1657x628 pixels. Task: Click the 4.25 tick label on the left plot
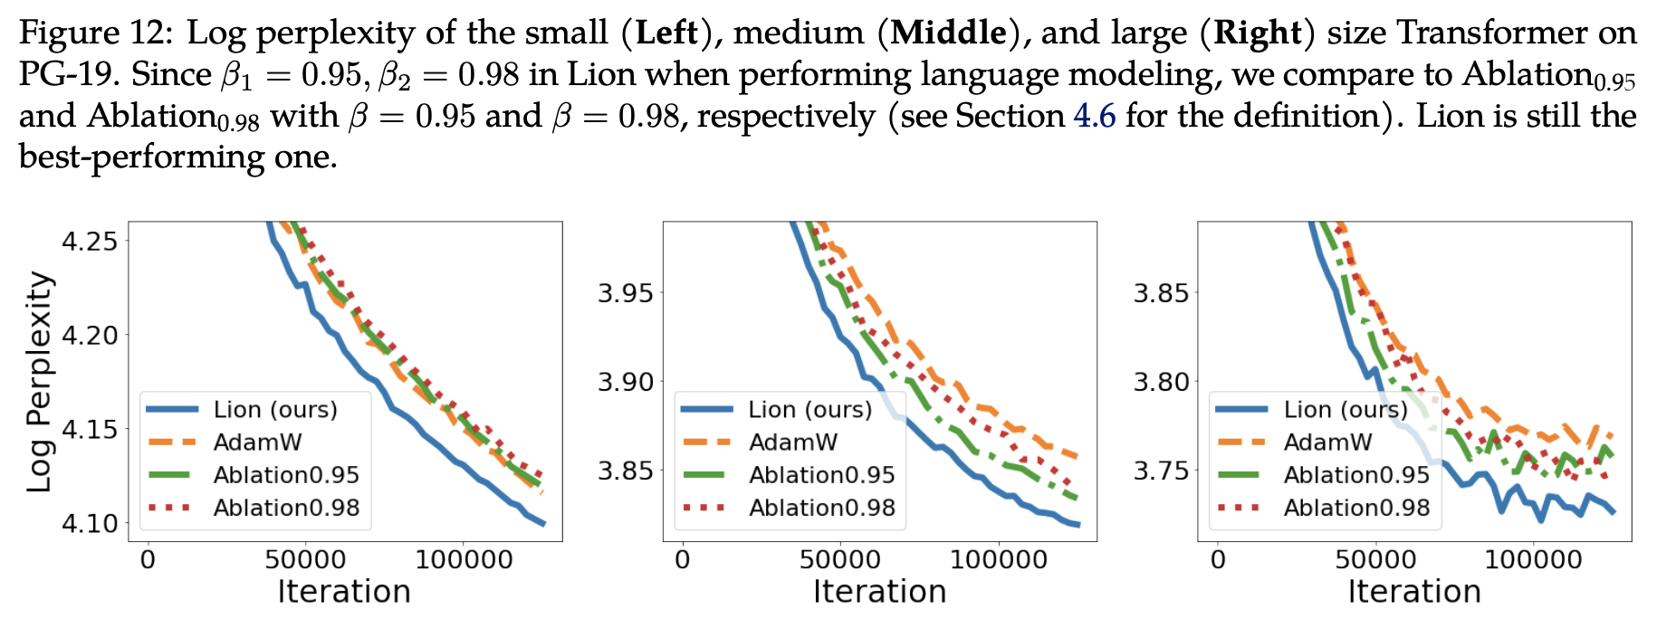point(90,242)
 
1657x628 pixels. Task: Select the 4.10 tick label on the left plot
point(90,524)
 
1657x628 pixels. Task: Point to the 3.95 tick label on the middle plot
point(625,293)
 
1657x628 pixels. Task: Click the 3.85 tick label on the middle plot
point(625,471)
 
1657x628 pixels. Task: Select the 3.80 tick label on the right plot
point(1160,382)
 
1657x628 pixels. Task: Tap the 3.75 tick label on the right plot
point(1160,471)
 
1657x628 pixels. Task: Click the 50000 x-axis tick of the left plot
point(305,560)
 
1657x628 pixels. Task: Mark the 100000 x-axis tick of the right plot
point(1533,560)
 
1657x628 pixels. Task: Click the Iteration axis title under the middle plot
point(879,592)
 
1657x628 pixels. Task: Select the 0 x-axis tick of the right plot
point(1218,560)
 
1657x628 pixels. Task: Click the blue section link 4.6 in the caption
point(1094,116)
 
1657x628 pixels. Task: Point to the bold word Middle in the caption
point(948,33)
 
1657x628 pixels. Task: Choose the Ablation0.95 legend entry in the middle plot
point(821,475)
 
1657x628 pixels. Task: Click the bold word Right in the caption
point(1258,33)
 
